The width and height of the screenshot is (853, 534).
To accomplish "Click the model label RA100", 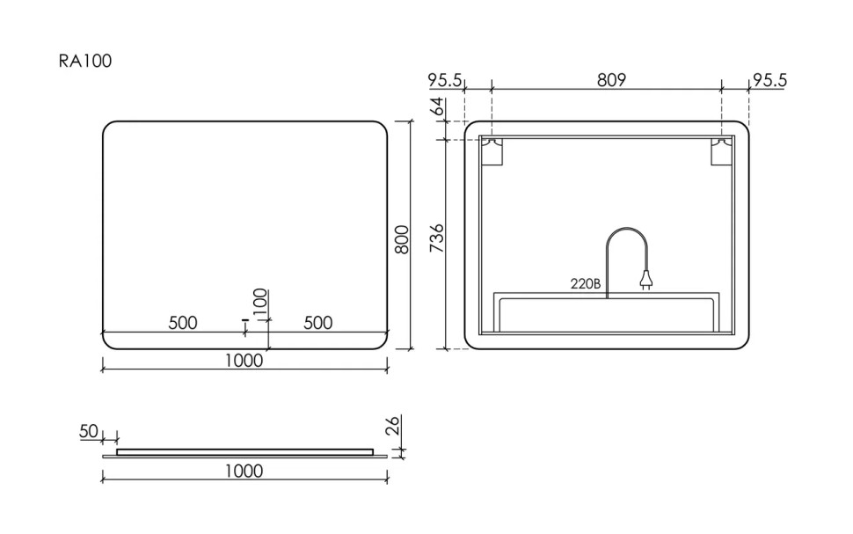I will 84,61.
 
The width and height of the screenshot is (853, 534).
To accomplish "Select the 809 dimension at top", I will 611,80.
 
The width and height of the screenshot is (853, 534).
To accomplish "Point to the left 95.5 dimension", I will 445,80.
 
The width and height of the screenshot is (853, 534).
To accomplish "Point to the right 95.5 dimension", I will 769,80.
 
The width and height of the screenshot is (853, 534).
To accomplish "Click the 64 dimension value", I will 437,110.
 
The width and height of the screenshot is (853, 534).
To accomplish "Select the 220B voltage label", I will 585,283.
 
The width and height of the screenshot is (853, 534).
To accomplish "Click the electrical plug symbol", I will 646,281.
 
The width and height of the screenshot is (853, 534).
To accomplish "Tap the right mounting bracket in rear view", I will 721,152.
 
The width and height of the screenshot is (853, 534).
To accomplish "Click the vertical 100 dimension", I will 259,304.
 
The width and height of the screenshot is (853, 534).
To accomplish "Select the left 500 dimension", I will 183,323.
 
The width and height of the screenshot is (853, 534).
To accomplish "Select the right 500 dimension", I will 317,323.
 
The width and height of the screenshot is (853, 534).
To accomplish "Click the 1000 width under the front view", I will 244,360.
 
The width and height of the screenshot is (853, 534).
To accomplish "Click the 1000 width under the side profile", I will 244,471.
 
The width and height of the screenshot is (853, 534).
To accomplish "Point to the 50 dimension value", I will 89,431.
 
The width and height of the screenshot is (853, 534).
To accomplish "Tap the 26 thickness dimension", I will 394,426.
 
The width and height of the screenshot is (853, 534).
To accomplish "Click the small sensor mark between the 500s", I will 245,326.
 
